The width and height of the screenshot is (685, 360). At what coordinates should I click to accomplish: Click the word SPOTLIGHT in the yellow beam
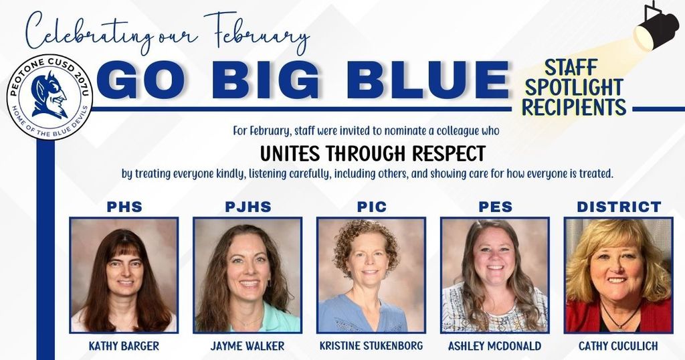pyautogui.click(x=574, y=87)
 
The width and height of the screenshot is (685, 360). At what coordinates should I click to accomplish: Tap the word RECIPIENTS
pyautogui.click(x=574, y=107)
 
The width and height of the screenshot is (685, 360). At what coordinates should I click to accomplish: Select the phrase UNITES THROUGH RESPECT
pyautogui.click(x=372, y=153)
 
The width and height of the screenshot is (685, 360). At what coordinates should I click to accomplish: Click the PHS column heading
pyautogui.click(x=124, y=207)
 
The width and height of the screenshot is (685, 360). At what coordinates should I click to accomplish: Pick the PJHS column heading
pyautogui.click(x=248, y=207)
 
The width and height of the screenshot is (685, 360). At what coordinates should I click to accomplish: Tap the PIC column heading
pyautogui.click(x=372, y=207)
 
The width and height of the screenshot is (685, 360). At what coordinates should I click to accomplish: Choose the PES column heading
pyautogui.click(x=495, y=207)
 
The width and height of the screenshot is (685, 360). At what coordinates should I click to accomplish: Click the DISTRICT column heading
pyautogui.click(x=619, y=207)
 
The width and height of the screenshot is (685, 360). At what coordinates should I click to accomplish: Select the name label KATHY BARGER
pyautogui.click(x=124, y=346)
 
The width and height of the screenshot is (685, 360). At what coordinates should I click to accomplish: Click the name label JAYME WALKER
pyautogui.click(x=248, y=346)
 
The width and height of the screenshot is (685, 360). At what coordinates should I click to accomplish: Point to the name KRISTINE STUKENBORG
pyautogui.click(x=372, y=346)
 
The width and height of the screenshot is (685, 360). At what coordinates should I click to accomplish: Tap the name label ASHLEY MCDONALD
pyautogui.click(x=495, y=346)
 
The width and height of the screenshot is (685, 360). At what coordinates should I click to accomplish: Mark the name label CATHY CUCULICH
pyautogui.click(x=619, y=346)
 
